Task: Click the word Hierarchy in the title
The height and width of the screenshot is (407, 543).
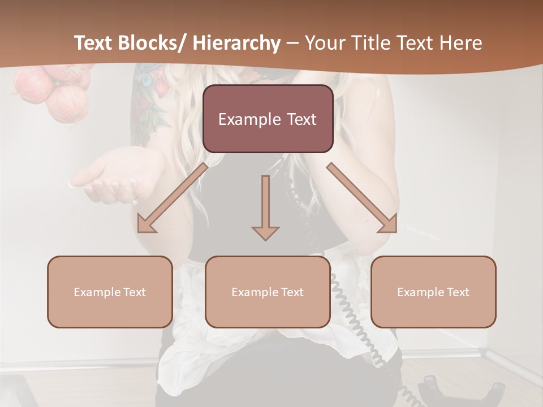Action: click(236, 44)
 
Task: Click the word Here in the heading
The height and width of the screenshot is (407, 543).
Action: click(462, 44)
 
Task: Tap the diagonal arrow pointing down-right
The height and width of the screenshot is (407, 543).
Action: click(362, 198)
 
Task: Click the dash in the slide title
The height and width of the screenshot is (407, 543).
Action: click(292, 44)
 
